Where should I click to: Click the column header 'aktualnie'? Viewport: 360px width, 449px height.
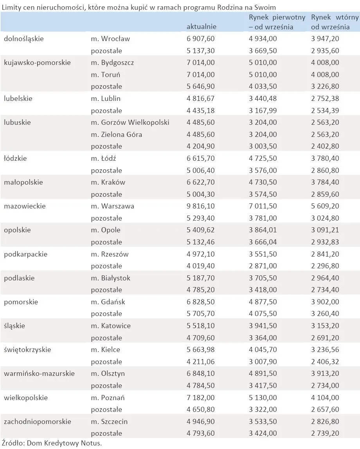click(201, 27)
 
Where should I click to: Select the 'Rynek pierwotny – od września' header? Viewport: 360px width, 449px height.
click(277, 22)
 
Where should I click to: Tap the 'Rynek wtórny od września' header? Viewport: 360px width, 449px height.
click(335, 22)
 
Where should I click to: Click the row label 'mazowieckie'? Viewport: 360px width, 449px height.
click(25, 206)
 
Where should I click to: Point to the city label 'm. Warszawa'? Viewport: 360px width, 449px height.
click(112, 206)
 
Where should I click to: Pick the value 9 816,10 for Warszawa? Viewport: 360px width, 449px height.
click(201, 206)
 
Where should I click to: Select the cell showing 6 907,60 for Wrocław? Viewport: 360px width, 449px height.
click(201, 39)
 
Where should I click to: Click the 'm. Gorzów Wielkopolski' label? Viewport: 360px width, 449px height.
click(130, 122)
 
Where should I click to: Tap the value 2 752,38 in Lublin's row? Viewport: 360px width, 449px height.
click(325, 99)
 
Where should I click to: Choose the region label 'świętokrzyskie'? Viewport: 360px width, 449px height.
click(27, 350)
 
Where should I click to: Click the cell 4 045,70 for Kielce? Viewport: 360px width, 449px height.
click(263, 350)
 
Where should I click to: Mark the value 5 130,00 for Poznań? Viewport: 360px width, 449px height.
click(263, 398)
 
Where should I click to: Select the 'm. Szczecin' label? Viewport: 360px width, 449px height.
click(109, 422)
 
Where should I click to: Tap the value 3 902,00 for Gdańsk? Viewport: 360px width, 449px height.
click(325, 302)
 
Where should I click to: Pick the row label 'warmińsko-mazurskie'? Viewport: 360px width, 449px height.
click(39, 374)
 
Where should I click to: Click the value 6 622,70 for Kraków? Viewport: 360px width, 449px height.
click(201, 182)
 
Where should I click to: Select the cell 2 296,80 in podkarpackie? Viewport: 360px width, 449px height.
click(325, 266)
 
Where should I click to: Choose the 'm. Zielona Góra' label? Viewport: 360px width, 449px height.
click(116, 135)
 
